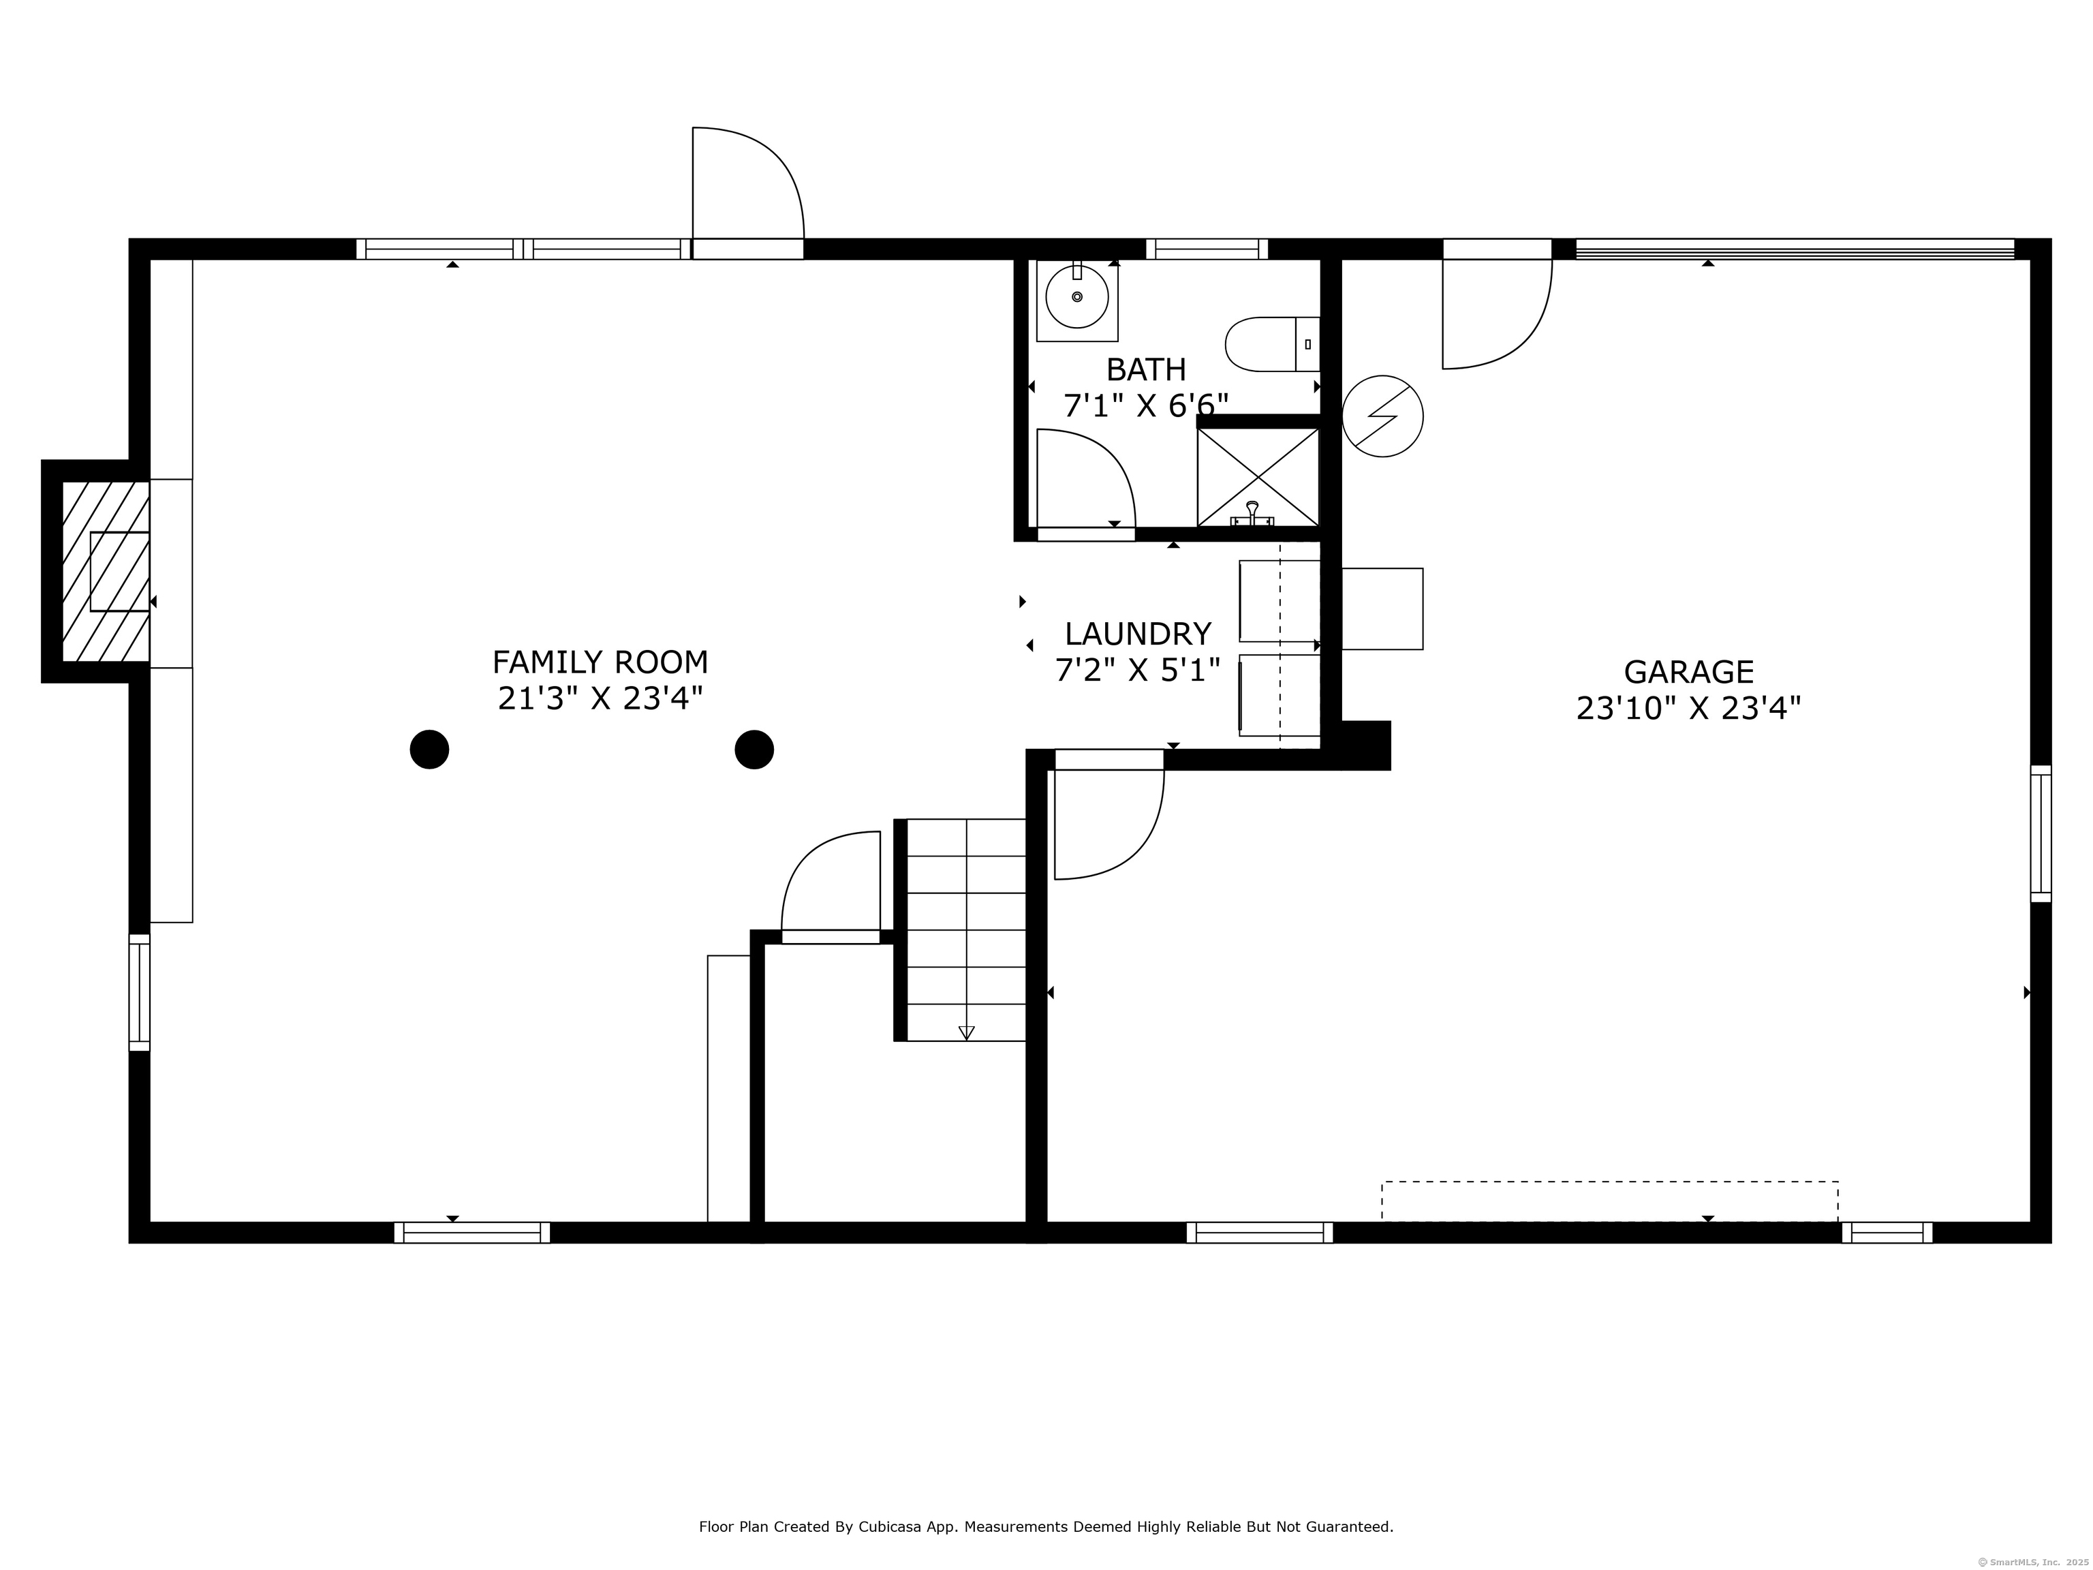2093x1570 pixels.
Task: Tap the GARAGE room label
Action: point(1689,672)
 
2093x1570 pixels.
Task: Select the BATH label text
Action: point(1146,369)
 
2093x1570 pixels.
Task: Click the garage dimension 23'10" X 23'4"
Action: point(1689,708)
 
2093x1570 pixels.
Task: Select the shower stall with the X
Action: point(1258,477)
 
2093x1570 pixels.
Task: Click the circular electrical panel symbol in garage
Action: point(1382,416)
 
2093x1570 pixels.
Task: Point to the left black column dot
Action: point(430,750)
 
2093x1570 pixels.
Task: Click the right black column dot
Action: point(754,750)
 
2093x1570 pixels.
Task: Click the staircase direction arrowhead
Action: point(966,1032)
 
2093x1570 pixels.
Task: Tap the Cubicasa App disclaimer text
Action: point(1046,1473)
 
